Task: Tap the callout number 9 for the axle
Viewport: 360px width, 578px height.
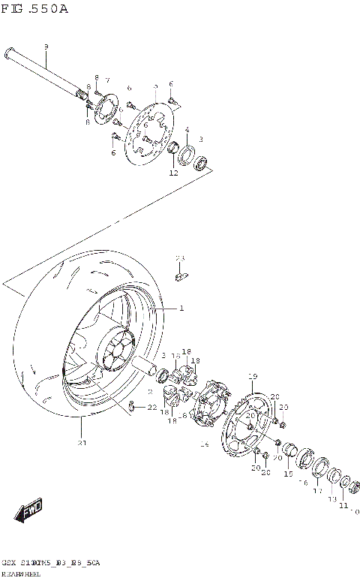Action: pyautogui.click(x=46, y=47)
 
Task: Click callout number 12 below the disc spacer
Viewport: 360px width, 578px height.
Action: pyautogui.click(x=173, y=173)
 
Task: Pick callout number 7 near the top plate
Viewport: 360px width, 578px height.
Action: pyautogui.click(x=107, y=80)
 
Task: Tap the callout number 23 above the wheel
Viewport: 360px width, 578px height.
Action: pyautogui.click(x=180, y=258)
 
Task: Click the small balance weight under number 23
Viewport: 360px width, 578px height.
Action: pyautogui.click(x=180, y=278)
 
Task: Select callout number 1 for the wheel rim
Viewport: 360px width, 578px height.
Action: pyautogui.click(x=181, y=308)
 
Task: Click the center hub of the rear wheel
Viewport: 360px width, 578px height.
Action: pyautogui.click(x=116, y=352)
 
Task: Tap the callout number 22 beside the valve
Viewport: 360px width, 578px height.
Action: pyautogui.click(x=152, y=407)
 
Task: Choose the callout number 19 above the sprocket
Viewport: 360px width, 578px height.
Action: pyautogui.click(x=253, y=376)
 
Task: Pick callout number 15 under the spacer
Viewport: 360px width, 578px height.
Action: pyautogui.click(x=288, y=474)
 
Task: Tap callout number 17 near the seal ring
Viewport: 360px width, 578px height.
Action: pyautogui.click(x=317, y=492)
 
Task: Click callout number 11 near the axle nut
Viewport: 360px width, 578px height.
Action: pyautogui.click(x=343, y=505)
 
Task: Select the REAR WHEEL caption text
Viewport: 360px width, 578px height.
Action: pyautogui.click(x=22, y=573)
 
